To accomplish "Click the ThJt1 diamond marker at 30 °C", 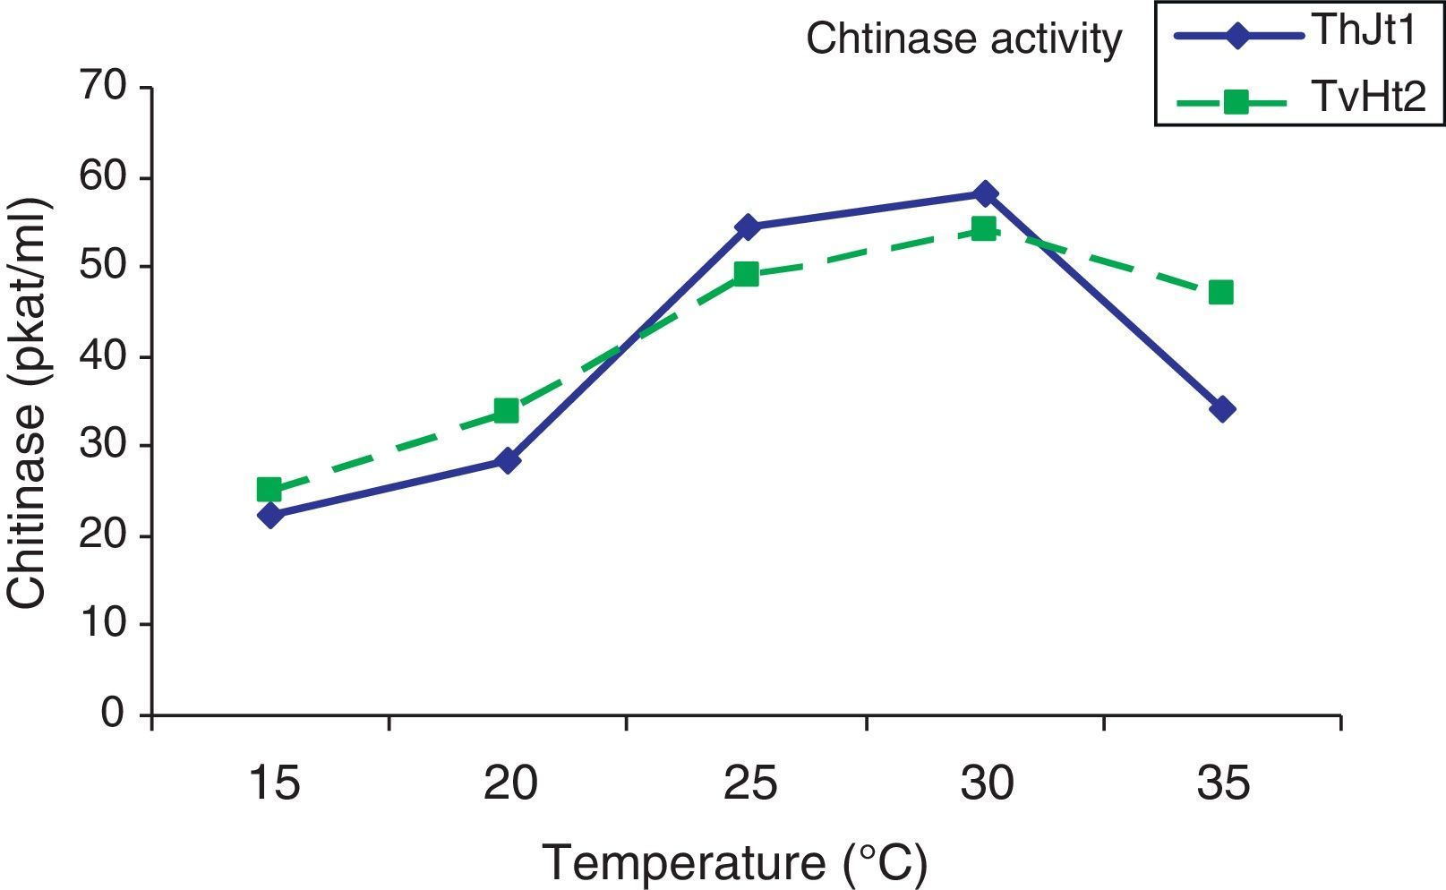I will [x=984, y=193].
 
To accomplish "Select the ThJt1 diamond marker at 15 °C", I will [x=270, y=515].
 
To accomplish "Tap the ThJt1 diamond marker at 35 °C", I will [x=1221, y=409].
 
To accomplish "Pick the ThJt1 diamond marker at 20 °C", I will [x=507, y=461].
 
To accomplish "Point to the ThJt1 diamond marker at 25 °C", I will [x=746, y=227].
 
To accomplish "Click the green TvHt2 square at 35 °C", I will [x=1221, y=292].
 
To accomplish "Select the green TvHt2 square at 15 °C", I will [x=270, y=489].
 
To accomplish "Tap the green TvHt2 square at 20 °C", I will [x=507, y=410].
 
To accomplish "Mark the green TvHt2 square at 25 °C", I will [x=746, y=274].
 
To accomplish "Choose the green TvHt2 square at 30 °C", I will [x=984, y=228].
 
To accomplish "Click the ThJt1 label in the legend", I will [x=1366, y=34].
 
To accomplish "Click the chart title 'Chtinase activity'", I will [x=963, y=40].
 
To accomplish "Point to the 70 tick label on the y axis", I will [x=105, y=88].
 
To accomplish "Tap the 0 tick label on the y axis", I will [x=113, y=714].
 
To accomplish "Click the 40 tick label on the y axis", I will [x=105, y=356].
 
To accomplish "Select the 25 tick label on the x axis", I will [x=749, y=784].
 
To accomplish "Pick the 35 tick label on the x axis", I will [x=1223, y=784].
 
